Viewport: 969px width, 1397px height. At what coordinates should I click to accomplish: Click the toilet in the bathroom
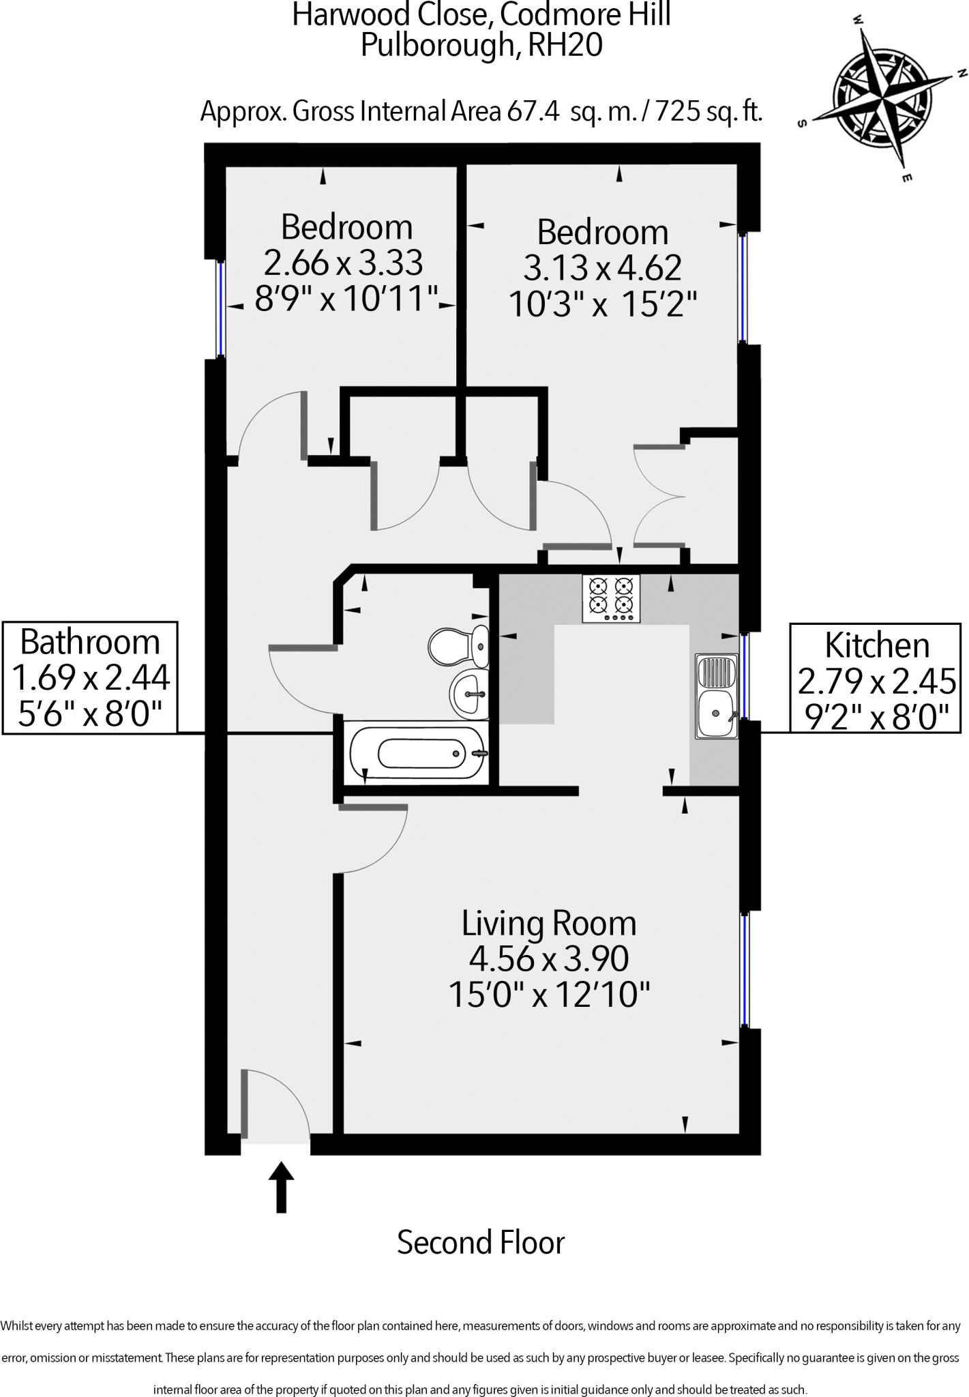pos(459,645)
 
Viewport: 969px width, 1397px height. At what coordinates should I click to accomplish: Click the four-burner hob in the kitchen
pos(611,598)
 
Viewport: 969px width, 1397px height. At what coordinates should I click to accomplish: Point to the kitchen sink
pos(716,696)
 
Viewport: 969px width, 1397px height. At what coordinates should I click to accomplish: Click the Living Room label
pos(549,924)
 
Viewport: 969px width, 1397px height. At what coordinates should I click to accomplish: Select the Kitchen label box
pos(877,678)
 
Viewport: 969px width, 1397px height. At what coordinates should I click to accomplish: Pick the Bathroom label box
pos(90,677)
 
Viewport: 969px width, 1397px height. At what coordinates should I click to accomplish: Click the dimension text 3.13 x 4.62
pos(602,268)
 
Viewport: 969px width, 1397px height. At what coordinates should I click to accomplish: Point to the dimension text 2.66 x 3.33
pos(343,263)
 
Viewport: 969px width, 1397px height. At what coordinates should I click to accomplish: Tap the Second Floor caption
pos(481,1243)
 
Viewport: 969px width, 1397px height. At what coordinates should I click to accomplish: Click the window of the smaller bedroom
pos(220,308)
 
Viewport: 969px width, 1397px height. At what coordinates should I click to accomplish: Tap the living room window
pos(745,969)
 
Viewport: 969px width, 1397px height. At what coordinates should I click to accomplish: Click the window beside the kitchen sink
pos(745,676)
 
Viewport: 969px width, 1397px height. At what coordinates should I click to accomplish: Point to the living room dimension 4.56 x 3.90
pos(549,959)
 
